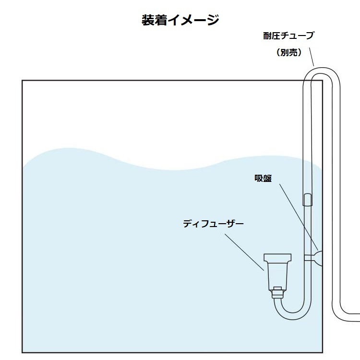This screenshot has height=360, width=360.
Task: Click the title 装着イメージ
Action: (180, 20)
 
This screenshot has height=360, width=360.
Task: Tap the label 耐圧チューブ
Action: (288, 36)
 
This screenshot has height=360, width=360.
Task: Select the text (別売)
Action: (289, 53)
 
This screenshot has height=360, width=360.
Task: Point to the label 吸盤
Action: (263, 178)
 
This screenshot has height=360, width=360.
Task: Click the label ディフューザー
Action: (213, 223)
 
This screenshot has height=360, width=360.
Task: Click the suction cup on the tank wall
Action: (318, 258)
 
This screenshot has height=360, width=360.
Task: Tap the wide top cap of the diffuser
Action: (277, 258)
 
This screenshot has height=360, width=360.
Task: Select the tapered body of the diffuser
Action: (277, 276)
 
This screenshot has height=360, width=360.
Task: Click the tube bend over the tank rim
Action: (322, 71)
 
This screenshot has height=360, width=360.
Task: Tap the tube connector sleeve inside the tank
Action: (307, 200)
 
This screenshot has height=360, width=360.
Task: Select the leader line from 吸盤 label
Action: (299, 217)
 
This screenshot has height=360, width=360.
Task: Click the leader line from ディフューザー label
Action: (244, 252)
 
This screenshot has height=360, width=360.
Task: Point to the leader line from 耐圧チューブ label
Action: (312, 57)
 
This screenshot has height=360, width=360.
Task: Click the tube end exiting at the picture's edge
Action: (358, 317)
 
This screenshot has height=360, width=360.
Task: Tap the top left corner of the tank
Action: (22, 80)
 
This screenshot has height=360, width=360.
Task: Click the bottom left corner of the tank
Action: (22, 352)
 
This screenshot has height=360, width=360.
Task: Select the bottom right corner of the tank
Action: (323, 352)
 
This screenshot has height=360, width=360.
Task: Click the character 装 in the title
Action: (148, 20)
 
